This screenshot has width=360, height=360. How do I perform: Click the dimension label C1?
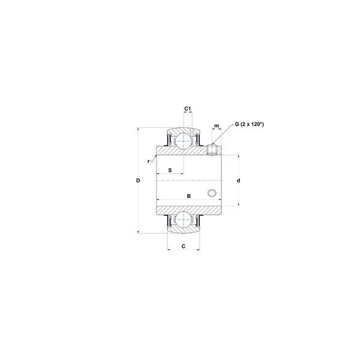188,109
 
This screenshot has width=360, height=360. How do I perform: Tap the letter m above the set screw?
217,126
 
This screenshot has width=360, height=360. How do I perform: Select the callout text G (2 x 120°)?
250,124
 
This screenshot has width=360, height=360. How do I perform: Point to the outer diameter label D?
138,181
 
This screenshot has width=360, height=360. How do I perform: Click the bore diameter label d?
239,181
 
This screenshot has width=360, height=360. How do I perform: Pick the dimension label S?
170,170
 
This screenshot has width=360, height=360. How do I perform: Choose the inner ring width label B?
189,196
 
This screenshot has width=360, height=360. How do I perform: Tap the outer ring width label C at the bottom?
184,247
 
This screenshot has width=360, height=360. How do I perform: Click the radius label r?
149,161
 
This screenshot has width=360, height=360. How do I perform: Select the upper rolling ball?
183,141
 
